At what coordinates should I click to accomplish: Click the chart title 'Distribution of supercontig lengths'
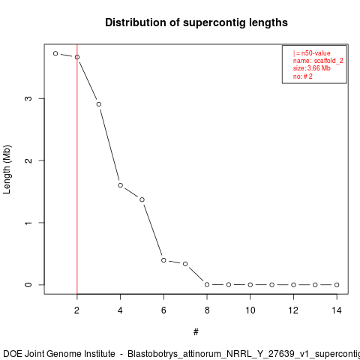196,22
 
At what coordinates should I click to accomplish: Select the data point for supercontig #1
55,53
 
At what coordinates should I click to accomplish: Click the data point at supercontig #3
99,104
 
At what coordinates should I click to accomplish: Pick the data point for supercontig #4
121,185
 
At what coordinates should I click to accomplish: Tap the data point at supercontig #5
142,199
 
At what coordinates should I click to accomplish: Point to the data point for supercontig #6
163,260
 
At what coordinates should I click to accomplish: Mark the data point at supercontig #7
185,264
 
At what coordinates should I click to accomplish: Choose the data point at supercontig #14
337,285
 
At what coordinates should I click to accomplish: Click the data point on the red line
77,57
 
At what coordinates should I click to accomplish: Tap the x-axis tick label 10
250,310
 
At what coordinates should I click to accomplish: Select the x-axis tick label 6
163,310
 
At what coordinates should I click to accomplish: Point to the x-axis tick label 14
337,310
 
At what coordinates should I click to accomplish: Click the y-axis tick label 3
28,98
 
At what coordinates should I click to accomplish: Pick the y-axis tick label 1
28,223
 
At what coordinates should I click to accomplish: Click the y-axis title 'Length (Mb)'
7,169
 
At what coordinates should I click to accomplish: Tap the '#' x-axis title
196,332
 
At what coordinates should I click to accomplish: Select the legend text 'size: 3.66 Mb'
312,68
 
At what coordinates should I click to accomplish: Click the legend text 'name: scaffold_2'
318,61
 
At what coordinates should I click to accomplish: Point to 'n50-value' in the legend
316,53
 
